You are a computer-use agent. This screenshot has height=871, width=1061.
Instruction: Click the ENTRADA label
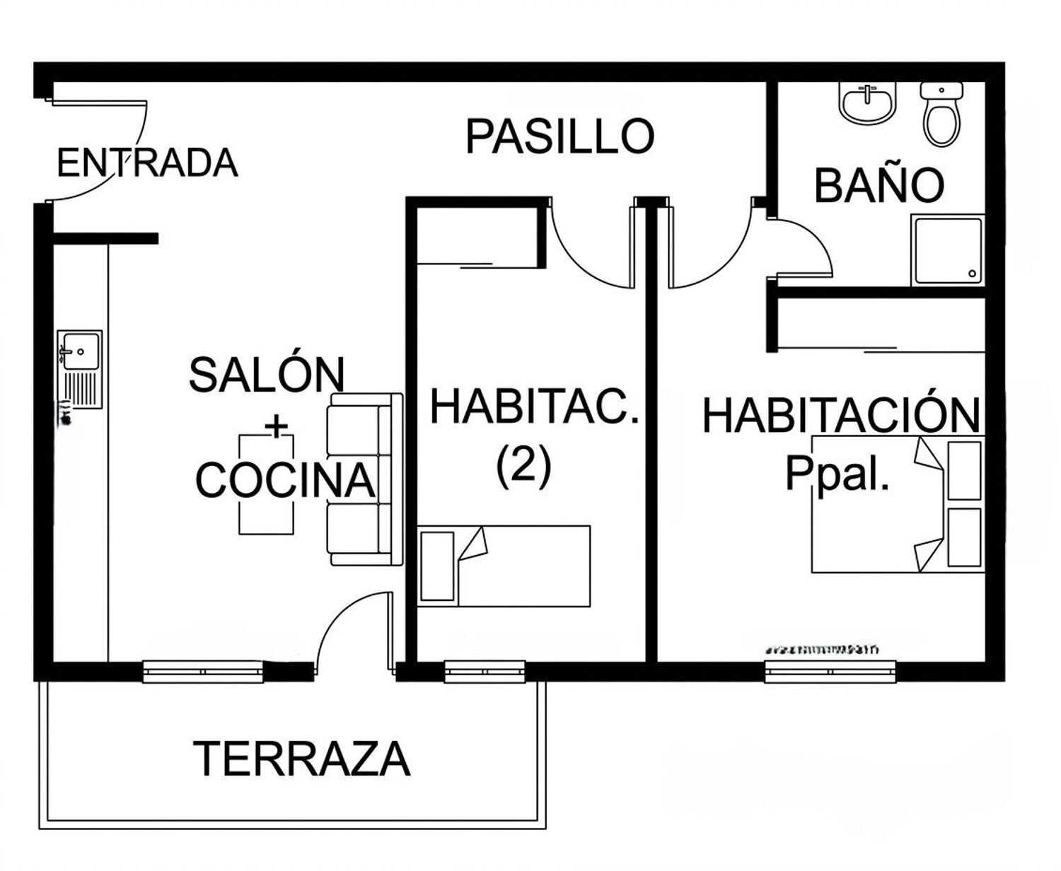pos(146,163)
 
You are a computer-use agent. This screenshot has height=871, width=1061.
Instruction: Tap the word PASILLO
pos(560,136)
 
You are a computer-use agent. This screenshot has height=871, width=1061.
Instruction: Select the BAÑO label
pos(879,185)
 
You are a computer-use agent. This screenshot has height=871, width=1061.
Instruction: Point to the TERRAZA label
pos(301,759)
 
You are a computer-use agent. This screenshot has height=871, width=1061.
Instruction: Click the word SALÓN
pos(267,375)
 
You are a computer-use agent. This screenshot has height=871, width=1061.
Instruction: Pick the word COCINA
pos(284,481)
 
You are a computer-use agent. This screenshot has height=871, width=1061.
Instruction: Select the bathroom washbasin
pos(868,103)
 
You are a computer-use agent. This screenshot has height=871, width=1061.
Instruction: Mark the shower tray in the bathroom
pos(947,251)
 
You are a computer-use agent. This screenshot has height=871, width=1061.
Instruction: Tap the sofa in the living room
pos(364,479)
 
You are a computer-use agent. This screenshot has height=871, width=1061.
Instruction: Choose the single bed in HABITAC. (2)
pos(504,566)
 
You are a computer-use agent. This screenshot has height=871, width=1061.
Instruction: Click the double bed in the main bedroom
pos(897,505)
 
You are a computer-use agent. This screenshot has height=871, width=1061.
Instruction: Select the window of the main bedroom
pos(830,670)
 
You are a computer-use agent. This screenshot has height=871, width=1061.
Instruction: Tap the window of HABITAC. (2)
pos(485,670)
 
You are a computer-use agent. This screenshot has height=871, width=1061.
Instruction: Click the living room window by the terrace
pos(203,670)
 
